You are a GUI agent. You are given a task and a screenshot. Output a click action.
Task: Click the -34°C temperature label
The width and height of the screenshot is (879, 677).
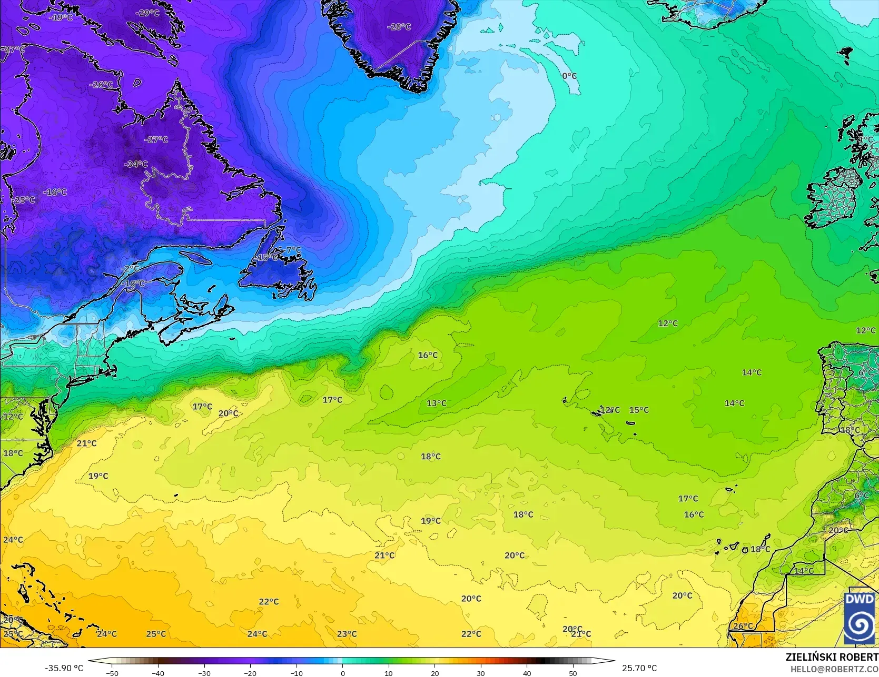pos(136,164)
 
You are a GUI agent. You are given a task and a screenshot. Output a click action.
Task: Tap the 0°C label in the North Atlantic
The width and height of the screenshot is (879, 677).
pos(569,76)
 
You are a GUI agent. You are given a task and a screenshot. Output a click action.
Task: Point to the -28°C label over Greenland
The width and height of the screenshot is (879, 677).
pos(399,27)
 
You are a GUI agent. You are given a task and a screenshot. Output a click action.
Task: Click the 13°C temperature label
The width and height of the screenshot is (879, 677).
pos(436,403)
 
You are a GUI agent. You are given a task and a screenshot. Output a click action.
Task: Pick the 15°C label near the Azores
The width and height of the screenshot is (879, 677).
pos(639,410)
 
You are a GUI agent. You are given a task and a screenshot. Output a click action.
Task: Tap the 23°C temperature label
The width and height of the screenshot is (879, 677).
pos(347,634)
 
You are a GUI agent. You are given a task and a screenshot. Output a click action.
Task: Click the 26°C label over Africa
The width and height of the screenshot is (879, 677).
pos(743,626)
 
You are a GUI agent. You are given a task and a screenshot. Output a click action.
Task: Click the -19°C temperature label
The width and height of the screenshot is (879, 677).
pos(61,17)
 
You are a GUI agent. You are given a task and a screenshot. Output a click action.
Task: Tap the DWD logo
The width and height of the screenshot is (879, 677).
pos(860,618)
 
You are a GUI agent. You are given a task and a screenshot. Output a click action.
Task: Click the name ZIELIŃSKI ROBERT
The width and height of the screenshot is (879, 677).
pos(832,658)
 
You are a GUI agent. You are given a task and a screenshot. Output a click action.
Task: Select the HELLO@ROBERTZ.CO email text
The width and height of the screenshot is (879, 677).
pos(834,669)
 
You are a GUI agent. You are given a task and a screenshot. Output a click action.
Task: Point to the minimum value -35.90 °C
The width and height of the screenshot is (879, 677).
pos(64,668)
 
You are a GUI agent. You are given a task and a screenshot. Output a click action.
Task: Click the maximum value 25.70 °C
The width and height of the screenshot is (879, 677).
pos(639,668)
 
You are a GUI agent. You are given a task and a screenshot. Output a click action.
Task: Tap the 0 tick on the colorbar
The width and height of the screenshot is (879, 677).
pos(343,673)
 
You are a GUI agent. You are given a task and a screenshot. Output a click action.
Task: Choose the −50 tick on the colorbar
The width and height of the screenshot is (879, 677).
pos(112,673)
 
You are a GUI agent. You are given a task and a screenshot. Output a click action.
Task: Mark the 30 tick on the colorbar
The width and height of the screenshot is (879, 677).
pos(481,673)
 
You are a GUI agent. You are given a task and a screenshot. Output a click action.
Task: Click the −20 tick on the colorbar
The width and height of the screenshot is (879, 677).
pos(250,673)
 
